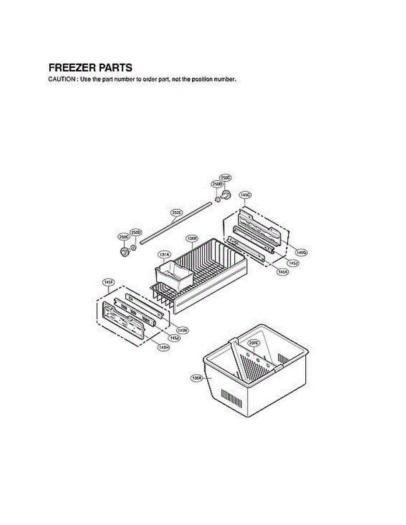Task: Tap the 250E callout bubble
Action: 176,213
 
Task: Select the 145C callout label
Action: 245,194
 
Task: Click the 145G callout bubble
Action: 301,252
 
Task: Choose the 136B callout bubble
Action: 192,238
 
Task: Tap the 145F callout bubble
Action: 108,283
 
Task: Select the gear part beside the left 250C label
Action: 125,252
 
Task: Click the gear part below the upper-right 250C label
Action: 226,195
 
